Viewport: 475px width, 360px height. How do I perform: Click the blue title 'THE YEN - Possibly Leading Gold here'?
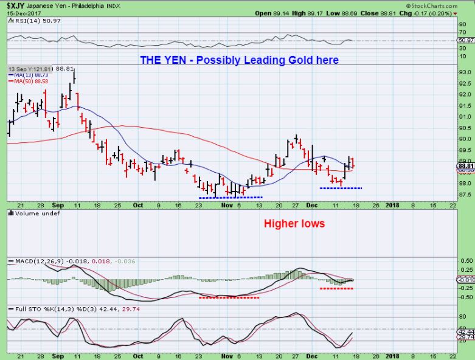(x=240, y=60)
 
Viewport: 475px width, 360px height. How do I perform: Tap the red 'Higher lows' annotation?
(x=294, y=224)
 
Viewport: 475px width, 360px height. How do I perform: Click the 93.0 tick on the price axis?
(x=465, y=72)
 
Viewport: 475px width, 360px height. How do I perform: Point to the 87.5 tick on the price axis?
(x=465, y=195)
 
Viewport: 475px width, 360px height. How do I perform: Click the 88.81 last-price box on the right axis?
(x=466, y=165)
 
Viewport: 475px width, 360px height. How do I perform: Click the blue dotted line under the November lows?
(x=231, y=197)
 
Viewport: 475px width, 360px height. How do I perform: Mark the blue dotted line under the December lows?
(x=341, y=188)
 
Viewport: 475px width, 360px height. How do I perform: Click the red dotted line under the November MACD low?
(x=229, y=297)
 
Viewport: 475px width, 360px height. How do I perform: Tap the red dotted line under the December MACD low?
(x=336, y=288)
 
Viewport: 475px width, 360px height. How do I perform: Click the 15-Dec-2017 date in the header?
(x=19, y=12)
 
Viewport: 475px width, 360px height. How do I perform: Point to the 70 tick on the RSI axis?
(x=463, y=33)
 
